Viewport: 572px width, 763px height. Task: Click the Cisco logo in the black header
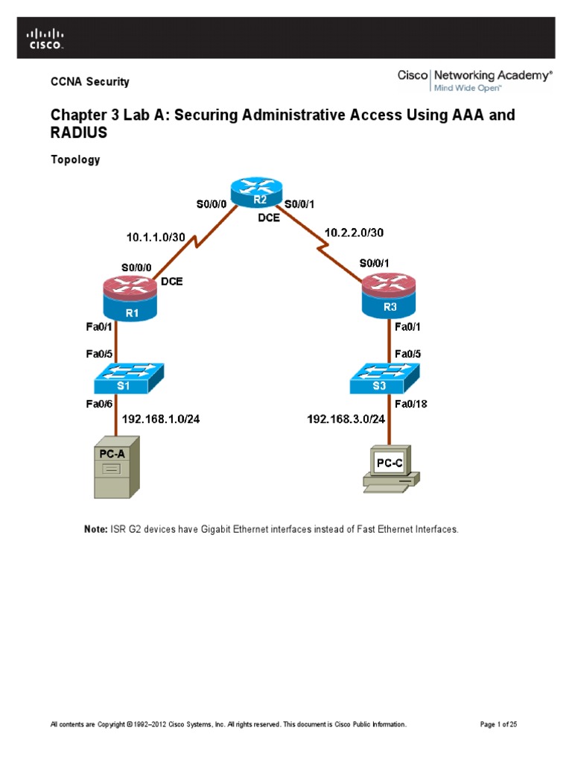[46, 38]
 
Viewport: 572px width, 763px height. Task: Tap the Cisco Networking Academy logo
[474, 80]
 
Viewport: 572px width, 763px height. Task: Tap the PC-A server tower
[115, 471]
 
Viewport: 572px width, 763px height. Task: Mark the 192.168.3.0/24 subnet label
[346, 419]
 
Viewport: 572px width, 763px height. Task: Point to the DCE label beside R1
[172, 282]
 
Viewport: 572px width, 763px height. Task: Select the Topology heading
[74, 159]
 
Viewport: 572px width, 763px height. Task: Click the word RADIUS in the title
[78, 133]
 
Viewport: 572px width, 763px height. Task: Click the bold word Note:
[95, 529]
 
